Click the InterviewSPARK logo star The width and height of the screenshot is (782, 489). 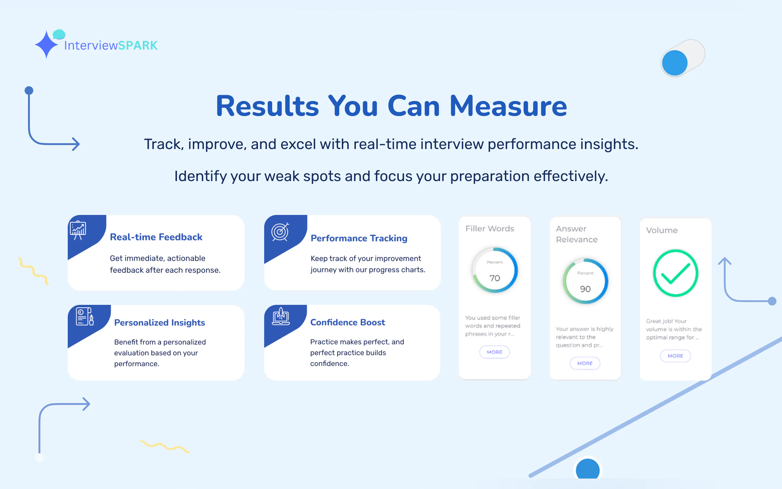click(46, 44)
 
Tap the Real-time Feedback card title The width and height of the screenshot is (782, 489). click(156, 237)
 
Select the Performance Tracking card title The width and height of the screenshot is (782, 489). click(359, 238)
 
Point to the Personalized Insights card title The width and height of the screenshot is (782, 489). click(159, 322)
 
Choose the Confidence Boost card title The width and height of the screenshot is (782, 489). click(348, 322)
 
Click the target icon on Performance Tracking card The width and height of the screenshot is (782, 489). click(280, 232)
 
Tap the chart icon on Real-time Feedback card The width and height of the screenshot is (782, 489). click(78, 230)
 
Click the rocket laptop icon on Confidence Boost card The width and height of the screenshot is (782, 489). click(280, 316)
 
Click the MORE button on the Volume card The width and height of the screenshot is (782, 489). click(675, 356)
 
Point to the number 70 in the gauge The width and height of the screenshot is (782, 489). click(495, 278)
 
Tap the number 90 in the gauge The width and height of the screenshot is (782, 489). click(585, 289)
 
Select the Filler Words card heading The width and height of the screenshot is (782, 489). click(490, 229)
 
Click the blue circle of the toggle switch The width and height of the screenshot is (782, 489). click(675, 63)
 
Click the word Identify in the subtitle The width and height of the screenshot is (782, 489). click(200, 176)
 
